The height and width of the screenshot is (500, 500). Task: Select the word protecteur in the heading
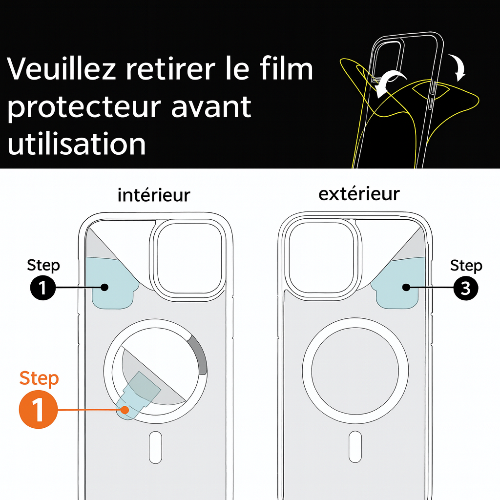point(83,107)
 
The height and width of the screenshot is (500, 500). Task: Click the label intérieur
point(154,195)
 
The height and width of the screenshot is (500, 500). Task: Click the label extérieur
point(359,194)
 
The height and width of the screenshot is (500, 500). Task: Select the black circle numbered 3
point(466,289)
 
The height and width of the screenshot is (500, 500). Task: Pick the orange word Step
point(39,378)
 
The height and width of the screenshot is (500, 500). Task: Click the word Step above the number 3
point(466,266)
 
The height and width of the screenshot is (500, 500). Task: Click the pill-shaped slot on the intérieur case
point(155,447)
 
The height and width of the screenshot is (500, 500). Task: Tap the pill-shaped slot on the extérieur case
point(355,447)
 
